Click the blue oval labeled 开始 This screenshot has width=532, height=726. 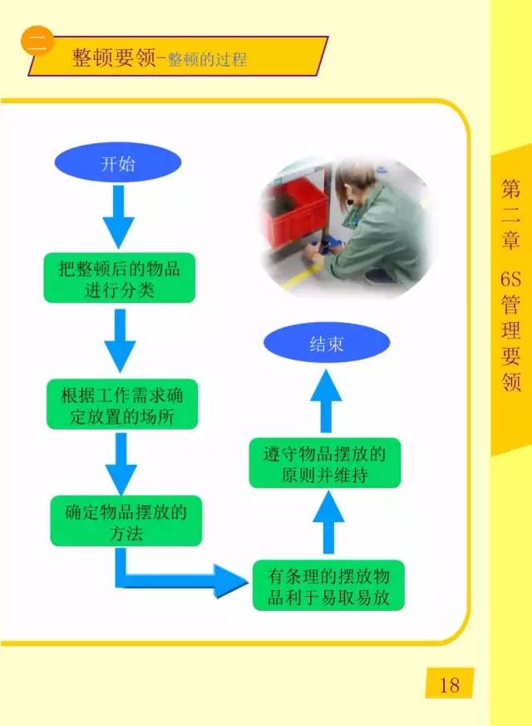coord(117,162)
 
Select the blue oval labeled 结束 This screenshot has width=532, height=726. coord(327,343)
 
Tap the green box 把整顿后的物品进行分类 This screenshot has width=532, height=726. coord(119,278)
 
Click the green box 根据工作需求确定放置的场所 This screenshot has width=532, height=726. coord(122,404)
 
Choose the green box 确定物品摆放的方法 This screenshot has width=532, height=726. coord(126,521)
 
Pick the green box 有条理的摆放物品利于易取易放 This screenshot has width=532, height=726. coord(328,585)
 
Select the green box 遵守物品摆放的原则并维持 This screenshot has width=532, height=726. coord(324,463)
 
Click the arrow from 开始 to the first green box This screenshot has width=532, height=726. coord(118,216)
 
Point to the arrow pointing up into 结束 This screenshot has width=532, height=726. coord(326,401)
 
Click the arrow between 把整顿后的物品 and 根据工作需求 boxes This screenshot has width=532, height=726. coord(120,341)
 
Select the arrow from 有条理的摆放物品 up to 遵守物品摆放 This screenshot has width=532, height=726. coord(328,522)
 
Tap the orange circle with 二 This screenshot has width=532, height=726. coord(37,41)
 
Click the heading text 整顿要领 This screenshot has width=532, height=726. coord(114,58)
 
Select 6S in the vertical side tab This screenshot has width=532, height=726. coord(510,279)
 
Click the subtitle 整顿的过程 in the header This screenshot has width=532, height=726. coord(207,60)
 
